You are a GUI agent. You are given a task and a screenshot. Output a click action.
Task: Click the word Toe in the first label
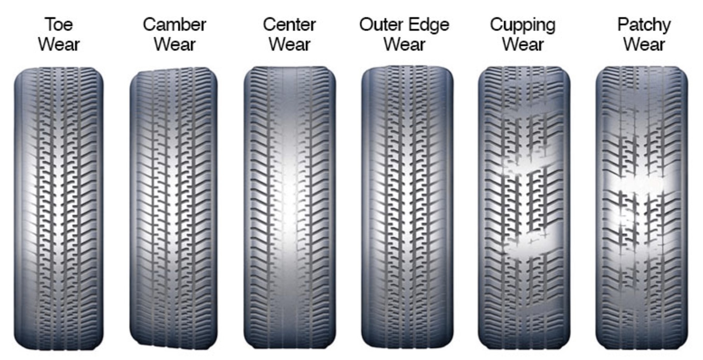coord(59,24)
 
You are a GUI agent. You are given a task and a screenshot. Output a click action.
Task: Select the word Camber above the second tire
coord(174,24)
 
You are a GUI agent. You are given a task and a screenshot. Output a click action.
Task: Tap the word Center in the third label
coord(289,24)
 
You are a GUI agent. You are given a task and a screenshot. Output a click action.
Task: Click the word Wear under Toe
coord(59,44)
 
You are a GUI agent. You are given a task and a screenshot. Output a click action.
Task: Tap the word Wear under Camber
coord(174,44)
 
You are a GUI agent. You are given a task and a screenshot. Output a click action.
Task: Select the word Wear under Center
coord(289,44)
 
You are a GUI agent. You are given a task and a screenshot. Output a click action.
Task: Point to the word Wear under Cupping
coord(522,44)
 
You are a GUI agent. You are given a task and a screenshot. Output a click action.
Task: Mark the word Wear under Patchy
coord(644,44)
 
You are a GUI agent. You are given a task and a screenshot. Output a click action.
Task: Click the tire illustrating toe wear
coord(59,209)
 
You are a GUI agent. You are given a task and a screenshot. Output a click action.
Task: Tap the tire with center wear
coord(290,208)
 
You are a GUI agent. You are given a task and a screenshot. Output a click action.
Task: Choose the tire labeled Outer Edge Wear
coord(407,208)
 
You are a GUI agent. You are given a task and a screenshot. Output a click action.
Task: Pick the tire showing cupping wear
coord(524,208)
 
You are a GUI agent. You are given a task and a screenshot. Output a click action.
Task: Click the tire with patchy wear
coord(642,208)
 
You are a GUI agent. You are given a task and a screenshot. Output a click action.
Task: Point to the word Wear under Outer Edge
coord(404,44)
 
